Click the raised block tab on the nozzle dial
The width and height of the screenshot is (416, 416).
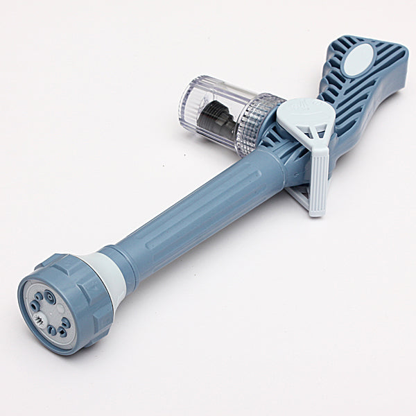coord(69,264)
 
